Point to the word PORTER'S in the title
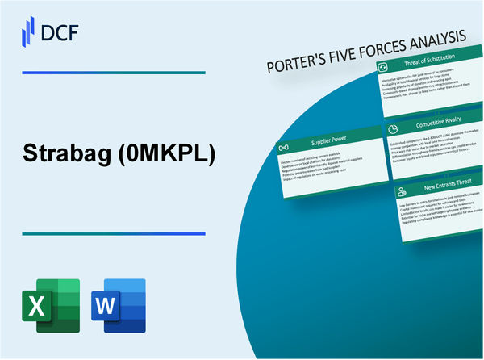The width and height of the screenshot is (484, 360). click(302, 62)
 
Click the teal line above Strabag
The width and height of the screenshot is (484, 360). click(112, 73)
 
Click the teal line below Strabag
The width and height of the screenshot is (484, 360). click(112, 234)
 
